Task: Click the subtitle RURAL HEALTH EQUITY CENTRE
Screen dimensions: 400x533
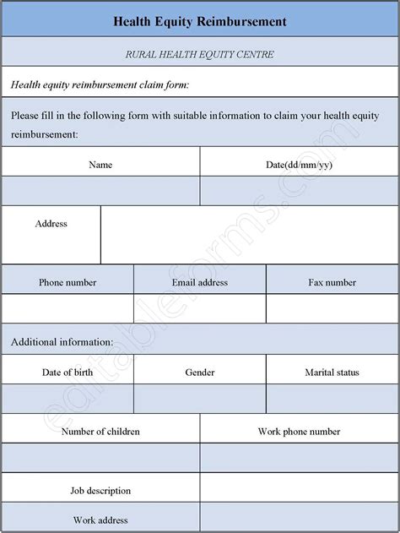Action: (200, 55)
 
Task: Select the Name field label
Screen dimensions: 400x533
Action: (100, 165)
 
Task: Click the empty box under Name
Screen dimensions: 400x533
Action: (100, 191)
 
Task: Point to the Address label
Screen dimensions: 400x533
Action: (51, 224)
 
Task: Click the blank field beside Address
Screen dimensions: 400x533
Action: (250, 235)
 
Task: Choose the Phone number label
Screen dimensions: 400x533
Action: (68, 282)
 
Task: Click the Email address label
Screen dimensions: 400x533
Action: (200, 282)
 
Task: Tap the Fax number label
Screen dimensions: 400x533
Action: (332, 282)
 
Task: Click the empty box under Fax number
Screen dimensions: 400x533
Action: (332, 308)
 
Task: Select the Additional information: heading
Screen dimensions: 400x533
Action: (62, 342)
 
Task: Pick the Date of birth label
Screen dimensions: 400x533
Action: (68, 372)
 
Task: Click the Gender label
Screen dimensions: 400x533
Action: (200, 372)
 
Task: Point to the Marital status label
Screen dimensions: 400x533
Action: (332, 372)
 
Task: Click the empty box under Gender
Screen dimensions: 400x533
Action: (200, 399)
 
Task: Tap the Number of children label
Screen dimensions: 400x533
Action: (100, 432)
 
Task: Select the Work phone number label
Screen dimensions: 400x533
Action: (300, 432)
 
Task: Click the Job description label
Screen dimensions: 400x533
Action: (100, 490)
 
